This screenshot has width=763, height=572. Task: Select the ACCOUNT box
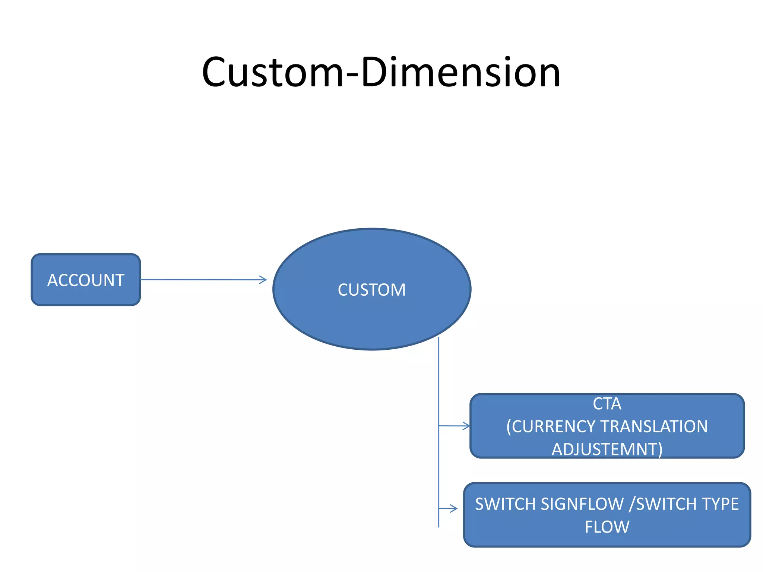click(86, 280)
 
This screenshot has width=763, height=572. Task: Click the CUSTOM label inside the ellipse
click(371, 290)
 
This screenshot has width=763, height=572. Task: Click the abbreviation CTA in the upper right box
click(607, 404)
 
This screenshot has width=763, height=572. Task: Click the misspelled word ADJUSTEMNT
click(607, 449)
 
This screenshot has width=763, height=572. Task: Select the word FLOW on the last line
click(607, 527)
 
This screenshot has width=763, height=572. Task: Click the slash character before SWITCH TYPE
click(631, 504)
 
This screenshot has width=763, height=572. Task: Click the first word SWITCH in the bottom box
click(506, 504)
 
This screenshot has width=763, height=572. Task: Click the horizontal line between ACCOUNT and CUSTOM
click(201, 280)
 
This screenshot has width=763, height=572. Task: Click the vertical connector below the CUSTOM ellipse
click(439, 380)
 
